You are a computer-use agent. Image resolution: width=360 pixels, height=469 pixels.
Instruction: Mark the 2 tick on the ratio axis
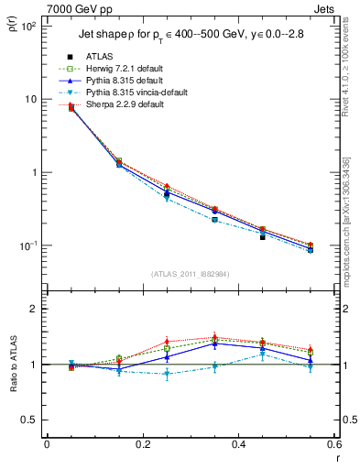click(x=34, y=310)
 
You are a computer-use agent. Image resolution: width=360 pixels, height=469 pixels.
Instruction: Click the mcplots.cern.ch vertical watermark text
click(x=347, y=220)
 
